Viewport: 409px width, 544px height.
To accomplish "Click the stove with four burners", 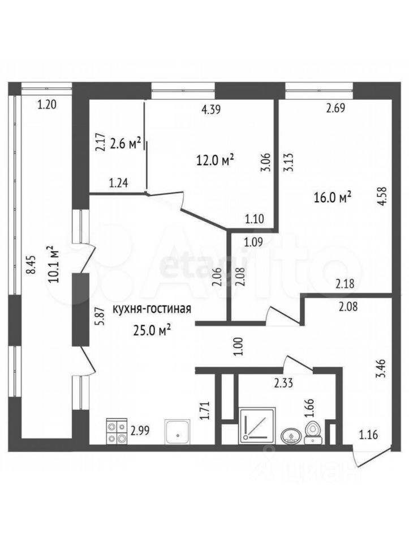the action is pos(117,432).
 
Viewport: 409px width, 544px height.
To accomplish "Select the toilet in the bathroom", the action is pos(313,432).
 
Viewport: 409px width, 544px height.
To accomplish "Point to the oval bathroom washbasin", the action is pos(291,436).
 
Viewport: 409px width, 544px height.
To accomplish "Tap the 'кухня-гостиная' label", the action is pos(152,309).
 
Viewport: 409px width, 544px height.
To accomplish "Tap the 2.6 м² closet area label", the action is pos(125,143).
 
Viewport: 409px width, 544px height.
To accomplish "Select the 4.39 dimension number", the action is pos(211,109).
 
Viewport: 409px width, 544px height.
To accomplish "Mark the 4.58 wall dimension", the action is pos(382,197).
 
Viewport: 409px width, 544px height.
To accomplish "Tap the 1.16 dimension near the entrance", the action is pos(368,434).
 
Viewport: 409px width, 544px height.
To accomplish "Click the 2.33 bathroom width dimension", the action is pos(283,383).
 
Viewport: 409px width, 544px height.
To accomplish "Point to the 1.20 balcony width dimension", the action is pos(47,104).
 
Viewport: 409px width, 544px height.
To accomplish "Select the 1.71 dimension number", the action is pos(206,411).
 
